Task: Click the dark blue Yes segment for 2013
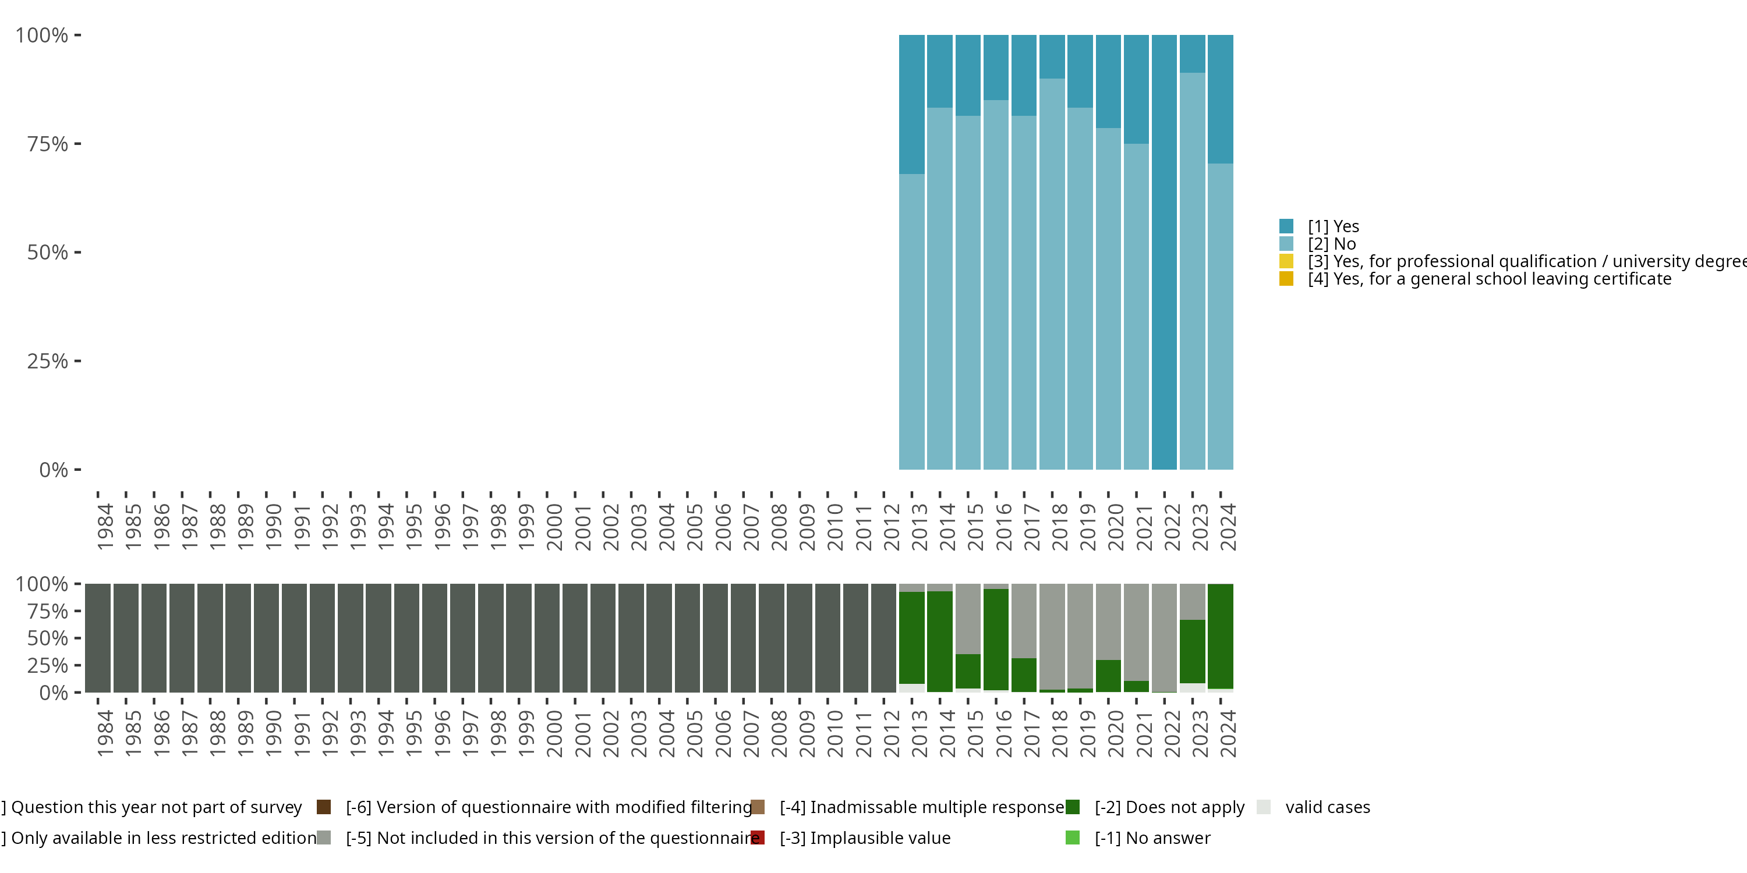[911, 104]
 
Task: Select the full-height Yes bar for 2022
[1164, 252]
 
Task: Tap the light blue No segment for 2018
[1052, 274]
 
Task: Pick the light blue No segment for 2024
[1220, 316]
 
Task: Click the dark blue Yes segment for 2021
[1136, 89]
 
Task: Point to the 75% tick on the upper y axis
[77, 144]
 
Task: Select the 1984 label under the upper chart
[105, 527]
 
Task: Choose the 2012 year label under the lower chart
[891, 733]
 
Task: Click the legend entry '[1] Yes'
[1332, 226]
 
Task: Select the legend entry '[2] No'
[1331, 244]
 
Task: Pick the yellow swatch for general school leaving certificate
[1286, 279]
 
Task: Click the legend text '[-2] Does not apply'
[1169, 807]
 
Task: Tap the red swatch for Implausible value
[758, 837]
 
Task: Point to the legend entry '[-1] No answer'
[1151, 837]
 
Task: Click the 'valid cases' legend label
[1327, 807]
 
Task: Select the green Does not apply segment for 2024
[1220, 636]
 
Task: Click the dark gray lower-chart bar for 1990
[267, 638]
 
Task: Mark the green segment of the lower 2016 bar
[996, 639]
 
